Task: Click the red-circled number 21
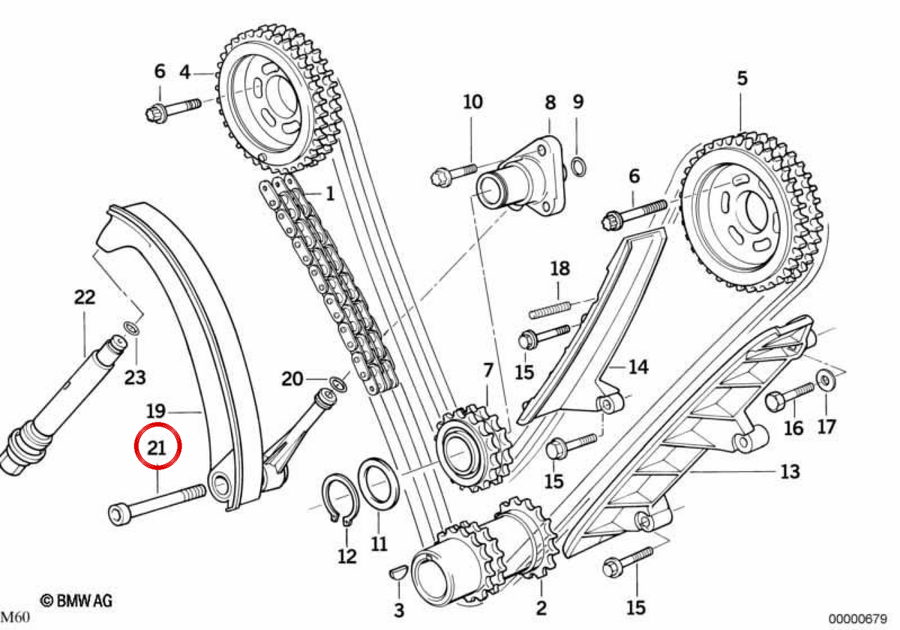coord(157,448)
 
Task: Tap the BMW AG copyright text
coord(76,601)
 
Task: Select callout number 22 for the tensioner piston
coord(85,297)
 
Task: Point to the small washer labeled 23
coord(131,328)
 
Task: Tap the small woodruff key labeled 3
coord(398,572)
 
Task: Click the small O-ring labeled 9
coord(578,167)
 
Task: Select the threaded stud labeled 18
coord(550,310)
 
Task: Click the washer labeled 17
coord(826,380)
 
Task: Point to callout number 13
coord(790,471)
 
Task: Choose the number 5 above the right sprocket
coord(742,78)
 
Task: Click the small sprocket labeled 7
coord(473,447)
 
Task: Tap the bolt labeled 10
coord(454,175)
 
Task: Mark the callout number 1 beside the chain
coord(330,193)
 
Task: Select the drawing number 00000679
coord(857,618)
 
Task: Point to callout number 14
coord(638,367)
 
